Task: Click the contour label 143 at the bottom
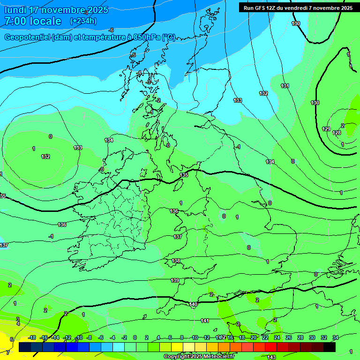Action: (271, 357)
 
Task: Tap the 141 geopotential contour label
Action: (205, 321)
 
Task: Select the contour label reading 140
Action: (194, 304)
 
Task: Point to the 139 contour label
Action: (175, 280)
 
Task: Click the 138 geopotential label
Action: (176, 261)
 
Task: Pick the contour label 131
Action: (285, 86)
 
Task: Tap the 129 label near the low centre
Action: (326, 129)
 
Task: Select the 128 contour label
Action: (337, 133)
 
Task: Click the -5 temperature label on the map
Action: (134, 55)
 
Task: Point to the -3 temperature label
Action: (149, 82)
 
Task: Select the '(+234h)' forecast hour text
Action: (83, 21)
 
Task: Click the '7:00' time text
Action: (16, 21)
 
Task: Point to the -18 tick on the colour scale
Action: (32, 337)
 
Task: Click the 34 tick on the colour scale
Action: (336, 337)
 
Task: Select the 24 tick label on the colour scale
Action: (277, 337)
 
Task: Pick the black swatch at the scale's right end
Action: (330, 347)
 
